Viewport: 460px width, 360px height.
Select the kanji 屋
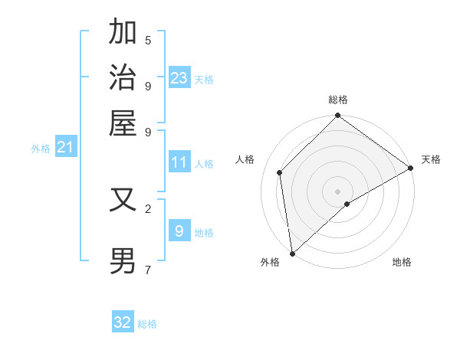coord(123,123)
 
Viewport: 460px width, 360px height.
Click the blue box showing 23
coord(179,77)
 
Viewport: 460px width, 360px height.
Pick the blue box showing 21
coord(65,147)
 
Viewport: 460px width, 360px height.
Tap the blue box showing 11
coord(179,162)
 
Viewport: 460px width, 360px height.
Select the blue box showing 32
coord(123,322)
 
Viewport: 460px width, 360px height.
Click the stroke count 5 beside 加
coord(148,41)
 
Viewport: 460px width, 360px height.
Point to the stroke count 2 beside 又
coord(148,208)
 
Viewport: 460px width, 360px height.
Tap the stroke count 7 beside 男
coord(148,270)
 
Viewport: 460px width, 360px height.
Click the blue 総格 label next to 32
coord(147,324)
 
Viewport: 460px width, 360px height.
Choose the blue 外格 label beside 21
coord(40,149)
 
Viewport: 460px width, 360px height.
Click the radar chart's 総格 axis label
coord(337,100)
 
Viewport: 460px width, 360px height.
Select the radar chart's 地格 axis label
coord(402,262)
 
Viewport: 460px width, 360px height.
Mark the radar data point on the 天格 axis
coord(410,168)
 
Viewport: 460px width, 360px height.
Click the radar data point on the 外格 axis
coord(292,253)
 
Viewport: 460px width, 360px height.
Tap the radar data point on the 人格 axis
coord(280,172)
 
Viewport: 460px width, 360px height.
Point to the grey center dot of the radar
coord(337,191)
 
